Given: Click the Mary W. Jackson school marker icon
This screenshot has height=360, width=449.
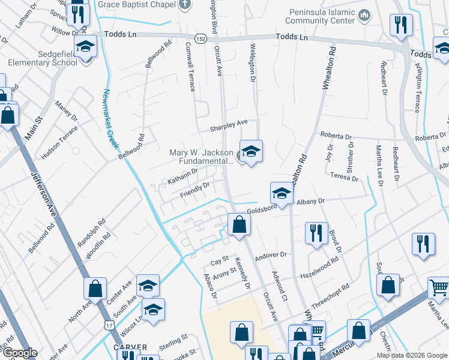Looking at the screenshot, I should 250,150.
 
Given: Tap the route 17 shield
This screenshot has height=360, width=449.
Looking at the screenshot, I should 108,325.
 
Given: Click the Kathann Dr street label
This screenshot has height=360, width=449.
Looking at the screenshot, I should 182,175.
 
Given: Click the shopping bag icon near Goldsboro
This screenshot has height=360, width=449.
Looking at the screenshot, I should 239,225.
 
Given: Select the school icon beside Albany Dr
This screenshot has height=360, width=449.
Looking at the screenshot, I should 281,193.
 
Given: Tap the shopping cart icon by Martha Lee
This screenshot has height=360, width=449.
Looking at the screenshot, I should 439,287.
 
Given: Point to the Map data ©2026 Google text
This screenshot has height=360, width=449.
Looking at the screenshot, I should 411,355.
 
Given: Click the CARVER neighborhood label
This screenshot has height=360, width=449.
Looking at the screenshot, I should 127,347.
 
